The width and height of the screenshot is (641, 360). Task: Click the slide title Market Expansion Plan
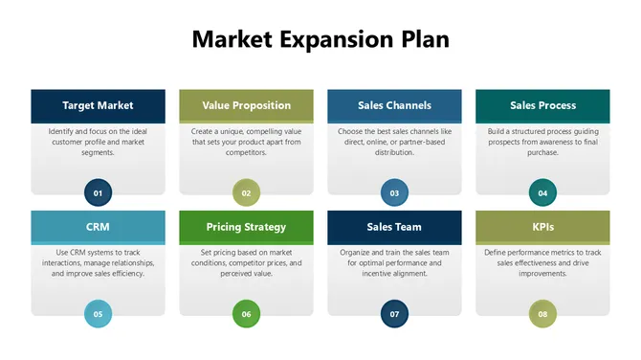[320, 39]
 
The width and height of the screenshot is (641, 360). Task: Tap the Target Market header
[98, 105]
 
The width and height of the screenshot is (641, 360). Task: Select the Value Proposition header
[246, 105]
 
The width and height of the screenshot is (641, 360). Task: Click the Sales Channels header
[394, 105]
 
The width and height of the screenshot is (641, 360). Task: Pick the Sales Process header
[542, 105]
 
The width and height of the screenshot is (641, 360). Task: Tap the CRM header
[98, 227]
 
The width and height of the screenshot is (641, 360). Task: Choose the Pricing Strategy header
[246, 227]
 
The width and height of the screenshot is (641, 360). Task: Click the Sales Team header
[394, 227]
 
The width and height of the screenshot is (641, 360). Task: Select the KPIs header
[542, 227]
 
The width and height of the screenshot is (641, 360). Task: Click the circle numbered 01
[98, 192]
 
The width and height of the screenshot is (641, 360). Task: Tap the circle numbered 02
[246, 192]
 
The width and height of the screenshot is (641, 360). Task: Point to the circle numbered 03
[394, 192]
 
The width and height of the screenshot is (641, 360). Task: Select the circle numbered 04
[542, 192]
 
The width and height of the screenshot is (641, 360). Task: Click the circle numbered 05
[98, 313]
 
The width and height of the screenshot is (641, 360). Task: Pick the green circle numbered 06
[246, 313]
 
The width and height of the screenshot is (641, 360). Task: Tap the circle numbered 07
[394, 313]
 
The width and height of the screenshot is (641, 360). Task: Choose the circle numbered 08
[542, 313]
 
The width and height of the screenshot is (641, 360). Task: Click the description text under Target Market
[98, 141]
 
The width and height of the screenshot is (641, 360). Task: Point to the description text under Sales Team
[394, 262]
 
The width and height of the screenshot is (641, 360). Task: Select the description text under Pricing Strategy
[246, 262]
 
